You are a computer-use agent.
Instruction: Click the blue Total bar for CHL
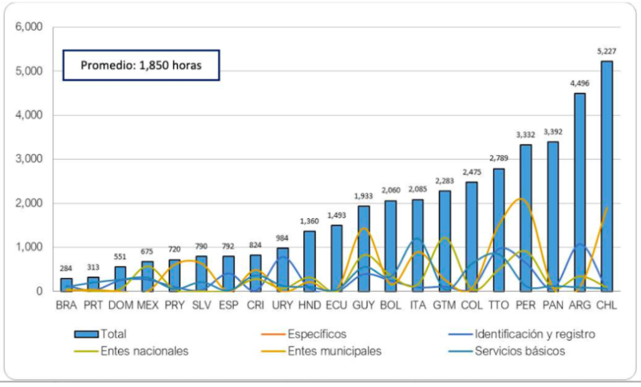pyautogui.click(x=607, y=176)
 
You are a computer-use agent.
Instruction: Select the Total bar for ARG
pyautogui.click(x=580, y=192)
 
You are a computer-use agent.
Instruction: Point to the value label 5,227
pyautogui.click(x=607, y=51)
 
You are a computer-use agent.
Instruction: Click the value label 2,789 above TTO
pyautogui.click(x=498, y=158)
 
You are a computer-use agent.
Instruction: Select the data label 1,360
pyautogui.click(x=310, y=221)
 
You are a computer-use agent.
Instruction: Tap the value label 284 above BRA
pyautogui.click(x=67, y=269)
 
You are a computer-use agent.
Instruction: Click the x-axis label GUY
pyautogui.click(x=364, y=305)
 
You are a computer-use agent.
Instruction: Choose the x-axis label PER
pyautogui.click(x=525, y=305)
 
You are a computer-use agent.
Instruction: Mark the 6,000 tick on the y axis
pyautogui.click(x=28, y=27)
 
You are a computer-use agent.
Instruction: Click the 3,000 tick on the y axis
pyautogui.click(x=28, y=159)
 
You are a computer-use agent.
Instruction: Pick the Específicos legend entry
pyautogui.click(x=317, y=333)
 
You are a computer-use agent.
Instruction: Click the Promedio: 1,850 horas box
pyautogui.click(x=141, y=66)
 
